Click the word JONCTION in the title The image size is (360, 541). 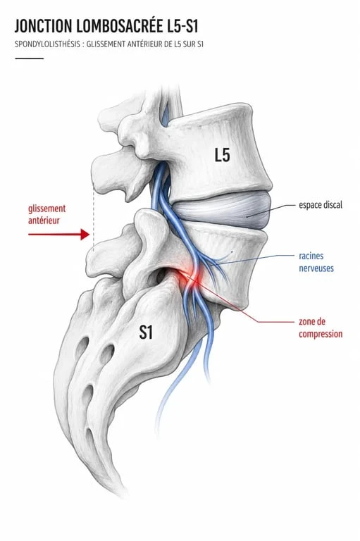tap(44, 26)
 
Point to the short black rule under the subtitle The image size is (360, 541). tap(30, 58)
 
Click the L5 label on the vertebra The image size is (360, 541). tap(223, 155)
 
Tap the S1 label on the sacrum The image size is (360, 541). tap(146, 332)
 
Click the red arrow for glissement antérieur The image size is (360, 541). tap(58, 235)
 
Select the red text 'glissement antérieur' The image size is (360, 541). tap(46, 214)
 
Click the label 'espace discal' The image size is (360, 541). tap(321, 204)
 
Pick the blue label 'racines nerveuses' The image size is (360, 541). tap(316, 262)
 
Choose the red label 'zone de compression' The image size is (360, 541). tap(321, 328)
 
